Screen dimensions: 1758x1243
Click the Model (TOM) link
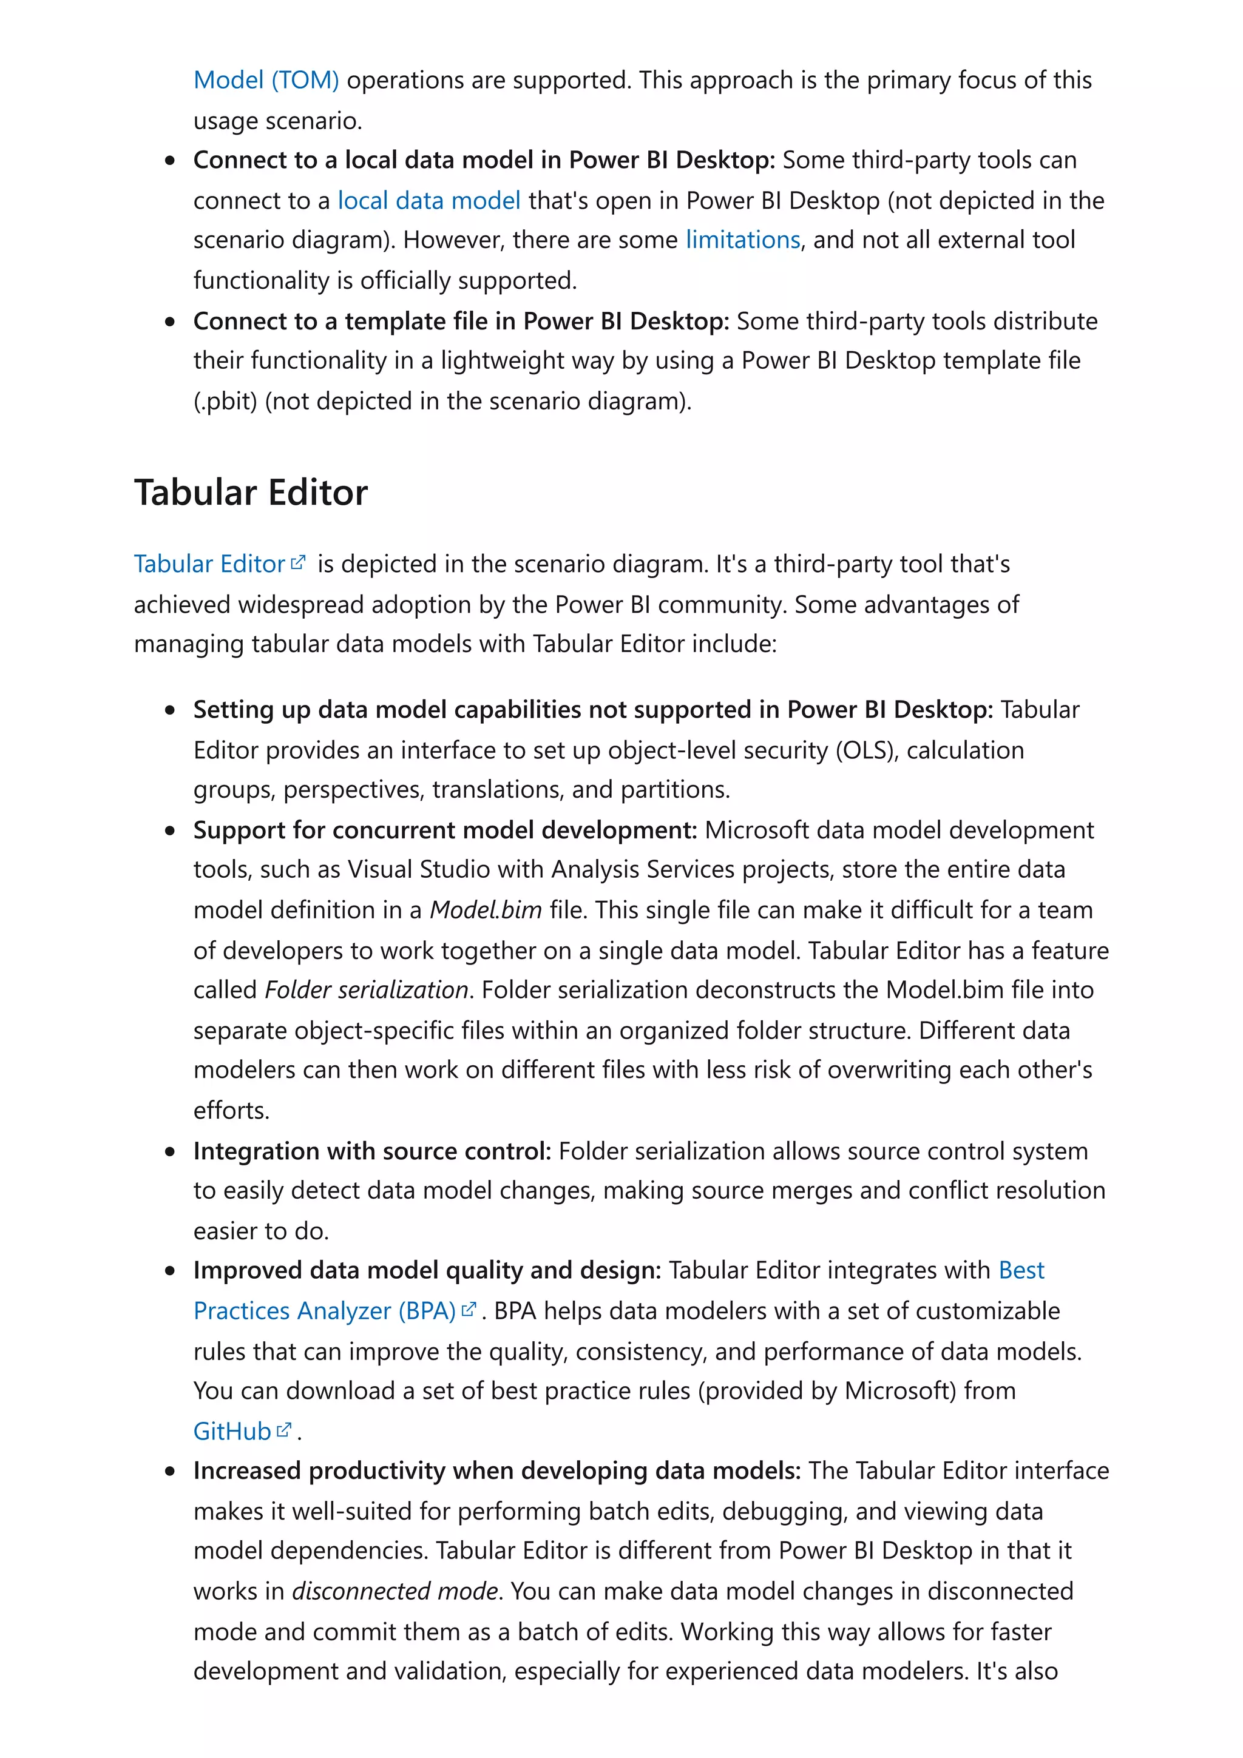[266, 79]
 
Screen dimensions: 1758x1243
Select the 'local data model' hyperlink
[429, 201]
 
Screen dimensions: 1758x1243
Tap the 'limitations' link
[742, 240]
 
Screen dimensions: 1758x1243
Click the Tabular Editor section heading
[251, 493]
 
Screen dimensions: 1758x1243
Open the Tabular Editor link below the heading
[209, 564]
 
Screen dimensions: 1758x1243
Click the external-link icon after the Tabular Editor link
[298, 563]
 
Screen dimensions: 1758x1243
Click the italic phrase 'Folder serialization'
[366, 989]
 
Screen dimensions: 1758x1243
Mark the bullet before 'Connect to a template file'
[170, 322]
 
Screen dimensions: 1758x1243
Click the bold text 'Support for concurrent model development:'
[444, 830]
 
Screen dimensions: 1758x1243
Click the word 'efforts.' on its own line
[231, 1110]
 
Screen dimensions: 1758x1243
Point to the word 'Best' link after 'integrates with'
[1021, 1270]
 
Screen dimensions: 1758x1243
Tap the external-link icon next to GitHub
[284, 1430]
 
